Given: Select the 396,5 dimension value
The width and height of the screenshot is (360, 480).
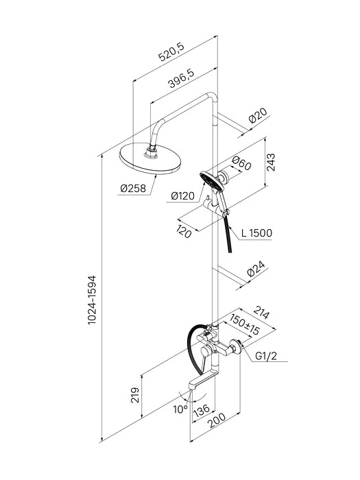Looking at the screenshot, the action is (181, 78).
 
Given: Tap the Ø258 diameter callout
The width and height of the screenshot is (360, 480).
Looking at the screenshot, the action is (133, 189).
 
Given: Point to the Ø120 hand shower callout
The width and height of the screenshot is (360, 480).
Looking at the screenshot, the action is (183, 195).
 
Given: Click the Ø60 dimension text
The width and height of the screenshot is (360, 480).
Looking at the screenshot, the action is (241, 163).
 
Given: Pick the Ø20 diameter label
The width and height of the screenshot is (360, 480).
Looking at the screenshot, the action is (258, 115).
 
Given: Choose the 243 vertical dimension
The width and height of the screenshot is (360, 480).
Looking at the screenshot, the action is (271, 163).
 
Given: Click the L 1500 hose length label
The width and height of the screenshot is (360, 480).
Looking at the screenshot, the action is (256, 233).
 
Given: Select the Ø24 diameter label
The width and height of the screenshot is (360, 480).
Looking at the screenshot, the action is (256, 269).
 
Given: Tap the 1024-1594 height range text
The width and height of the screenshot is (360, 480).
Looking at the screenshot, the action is (92, 300).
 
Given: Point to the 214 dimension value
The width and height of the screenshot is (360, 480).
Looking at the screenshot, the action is (262, 313).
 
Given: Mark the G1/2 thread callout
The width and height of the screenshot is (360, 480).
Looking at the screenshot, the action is (266, 356).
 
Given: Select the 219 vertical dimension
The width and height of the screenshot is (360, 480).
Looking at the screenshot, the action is (135, 395).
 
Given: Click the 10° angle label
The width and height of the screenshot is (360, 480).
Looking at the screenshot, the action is (180, 409).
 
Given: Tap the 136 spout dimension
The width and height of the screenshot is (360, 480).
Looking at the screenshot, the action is (202, 410).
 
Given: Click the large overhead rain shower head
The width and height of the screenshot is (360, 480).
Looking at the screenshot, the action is (150, 158).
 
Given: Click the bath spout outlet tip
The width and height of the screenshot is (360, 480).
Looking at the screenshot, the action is (193, 387).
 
